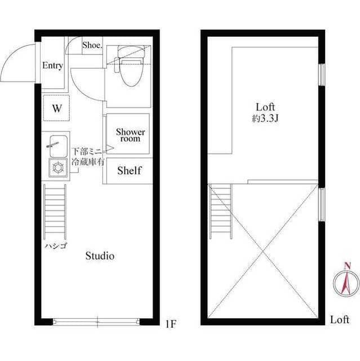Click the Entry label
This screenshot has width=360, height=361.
click(x=52, y=65)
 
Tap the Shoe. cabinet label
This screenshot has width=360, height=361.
click(x=92, y=45)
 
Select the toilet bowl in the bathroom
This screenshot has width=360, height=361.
click(x=129, y=70)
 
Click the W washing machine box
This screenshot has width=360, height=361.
click(x=57, y=109)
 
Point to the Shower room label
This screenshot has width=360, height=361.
click(x=130, y=135)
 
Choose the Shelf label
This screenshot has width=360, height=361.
click(x=129, y=170)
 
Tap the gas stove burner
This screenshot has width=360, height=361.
click(x=56, y=167)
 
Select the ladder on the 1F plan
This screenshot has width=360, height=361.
click(x=55, y=212)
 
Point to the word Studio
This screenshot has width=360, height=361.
click(x=100, y=256)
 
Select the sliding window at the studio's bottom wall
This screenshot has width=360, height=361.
click(x=96, y=322)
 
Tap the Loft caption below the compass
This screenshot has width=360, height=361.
click(x=340, y=319)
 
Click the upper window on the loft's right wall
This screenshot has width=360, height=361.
click(x=322, y=75)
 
